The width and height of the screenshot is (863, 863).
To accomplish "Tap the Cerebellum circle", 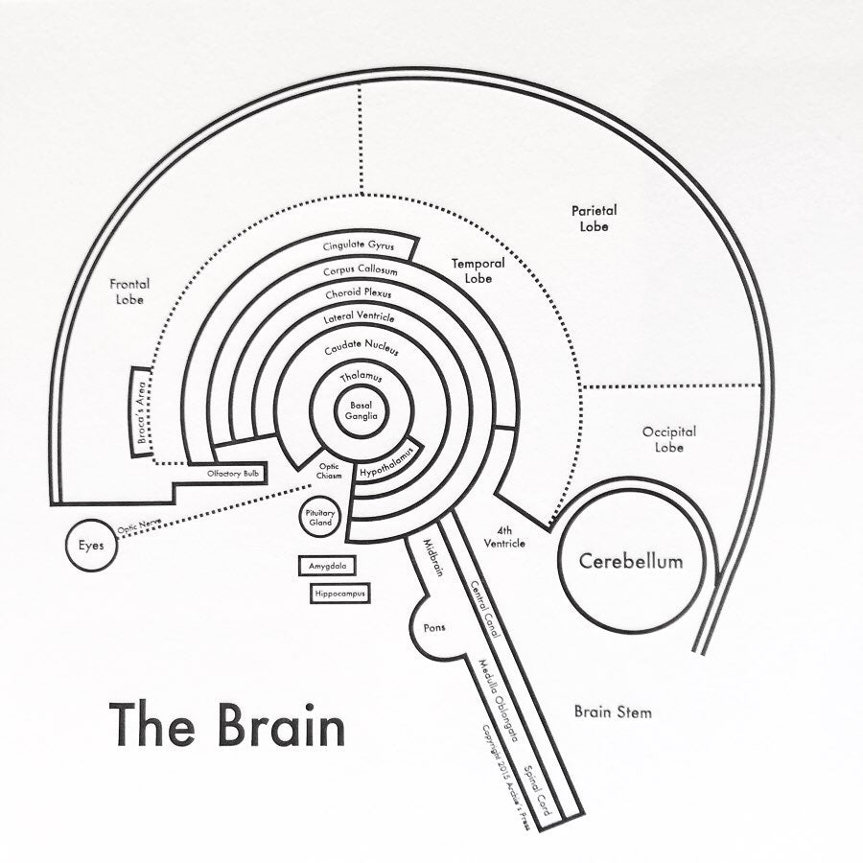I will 631,561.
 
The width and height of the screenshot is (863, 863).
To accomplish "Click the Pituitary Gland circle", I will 320,519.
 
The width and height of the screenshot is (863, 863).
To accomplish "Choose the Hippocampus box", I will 339,595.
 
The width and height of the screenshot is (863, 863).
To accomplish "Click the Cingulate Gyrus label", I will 359,245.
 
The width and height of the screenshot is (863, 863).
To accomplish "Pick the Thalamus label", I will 361,378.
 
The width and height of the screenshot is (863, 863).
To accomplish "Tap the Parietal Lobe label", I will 594,218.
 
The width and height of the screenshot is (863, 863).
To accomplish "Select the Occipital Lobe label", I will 669,440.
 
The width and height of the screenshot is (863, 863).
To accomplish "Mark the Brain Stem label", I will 613,712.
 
